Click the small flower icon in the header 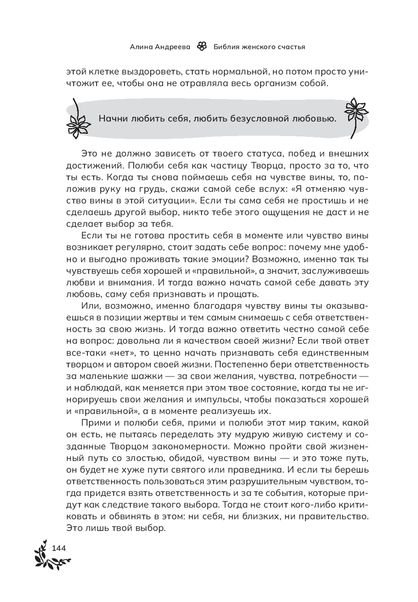202,46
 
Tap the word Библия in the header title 226,47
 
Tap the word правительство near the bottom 337,516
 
